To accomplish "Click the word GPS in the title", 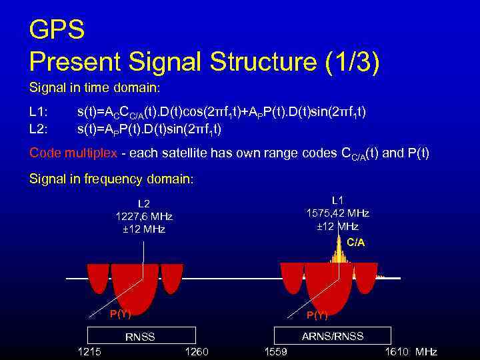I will (x=57, y=29).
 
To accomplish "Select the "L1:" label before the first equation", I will (x=39, y=113).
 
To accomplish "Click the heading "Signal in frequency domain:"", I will (x=111, y=179).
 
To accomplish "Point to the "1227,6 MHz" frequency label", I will (x=144, y=217).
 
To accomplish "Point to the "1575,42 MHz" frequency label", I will (x=337, y=213).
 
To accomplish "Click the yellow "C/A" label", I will (x=356, y=243).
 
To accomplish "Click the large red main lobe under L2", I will (x=135, y=287).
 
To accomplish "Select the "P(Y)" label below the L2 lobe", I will (x=120, y=314).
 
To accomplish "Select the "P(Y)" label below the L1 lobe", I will (x=317, y=315).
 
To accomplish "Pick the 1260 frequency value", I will (x=195, y=352).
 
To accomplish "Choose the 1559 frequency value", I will (x=276, y=352).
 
